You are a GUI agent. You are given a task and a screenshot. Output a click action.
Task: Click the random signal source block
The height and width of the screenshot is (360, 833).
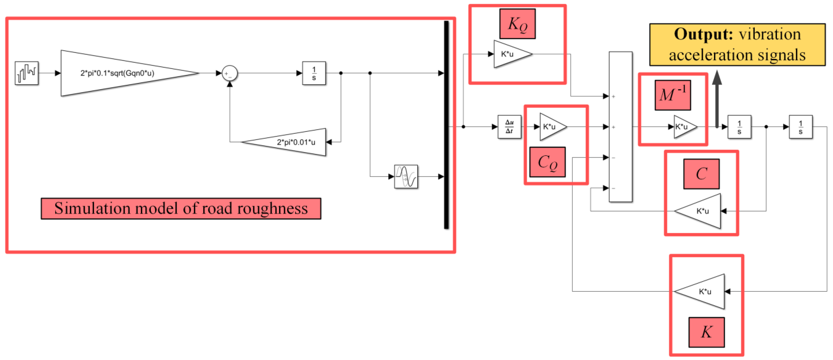(27, 73)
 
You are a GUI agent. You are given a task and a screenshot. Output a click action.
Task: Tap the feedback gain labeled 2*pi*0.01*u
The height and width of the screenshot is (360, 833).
(291, 142)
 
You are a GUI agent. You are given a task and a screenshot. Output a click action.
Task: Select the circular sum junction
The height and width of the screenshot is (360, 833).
(230, 73)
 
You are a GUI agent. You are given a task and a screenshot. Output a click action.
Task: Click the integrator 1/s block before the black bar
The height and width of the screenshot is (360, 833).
(314, 73)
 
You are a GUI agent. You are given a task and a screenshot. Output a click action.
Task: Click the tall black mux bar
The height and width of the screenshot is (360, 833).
(446, 125)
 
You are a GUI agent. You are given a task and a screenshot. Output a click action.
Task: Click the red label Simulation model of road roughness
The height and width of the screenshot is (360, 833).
(181, 208)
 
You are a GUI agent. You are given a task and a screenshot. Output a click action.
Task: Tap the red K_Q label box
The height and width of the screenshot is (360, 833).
(517, 24)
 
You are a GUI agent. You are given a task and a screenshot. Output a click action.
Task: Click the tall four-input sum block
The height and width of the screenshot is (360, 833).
(620, 127)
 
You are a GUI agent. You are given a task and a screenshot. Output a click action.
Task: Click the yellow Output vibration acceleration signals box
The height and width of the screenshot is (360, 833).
(737, 44)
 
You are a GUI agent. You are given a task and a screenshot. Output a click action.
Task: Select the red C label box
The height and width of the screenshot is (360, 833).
(701, 174)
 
